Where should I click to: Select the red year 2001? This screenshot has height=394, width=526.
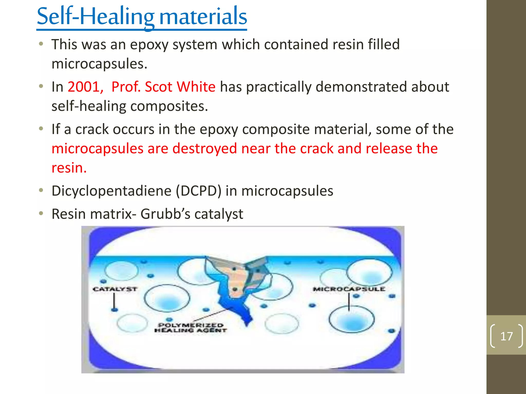click(84, 87)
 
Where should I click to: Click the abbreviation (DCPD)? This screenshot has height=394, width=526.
click(199, 191)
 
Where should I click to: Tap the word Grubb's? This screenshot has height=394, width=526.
click(169, 214)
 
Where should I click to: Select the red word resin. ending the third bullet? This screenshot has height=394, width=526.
click(69, 168)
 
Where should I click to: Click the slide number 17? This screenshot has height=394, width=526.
click(506, 336)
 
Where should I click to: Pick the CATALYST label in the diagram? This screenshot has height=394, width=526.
click(115, 289)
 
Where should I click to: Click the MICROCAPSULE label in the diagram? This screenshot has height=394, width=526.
click(349, 289)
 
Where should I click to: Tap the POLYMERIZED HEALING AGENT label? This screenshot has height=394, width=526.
click(191, 328)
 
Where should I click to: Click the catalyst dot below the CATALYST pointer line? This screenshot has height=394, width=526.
click(115, 310)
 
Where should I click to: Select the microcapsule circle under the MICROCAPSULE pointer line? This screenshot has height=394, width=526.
click(351, 319)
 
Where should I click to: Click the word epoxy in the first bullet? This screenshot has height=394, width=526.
click(149, 44)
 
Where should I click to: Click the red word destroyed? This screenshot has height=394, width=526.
click(204, 149)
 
